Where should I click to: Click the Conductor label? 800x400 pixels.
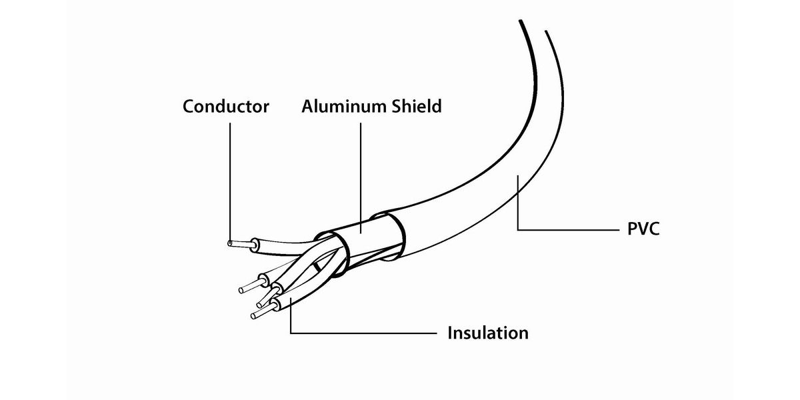(226, 106)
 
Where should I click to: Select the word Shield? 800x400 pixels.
(416, 106)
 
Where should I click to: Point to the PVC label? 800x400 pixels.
(644, 230)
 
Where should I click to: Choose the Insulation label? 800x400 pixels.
(488, 332)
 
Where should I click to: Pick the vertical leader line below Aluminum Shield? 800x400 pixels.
(361, 173)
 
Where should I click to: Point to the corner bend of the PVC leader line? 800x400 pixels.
(518, 230)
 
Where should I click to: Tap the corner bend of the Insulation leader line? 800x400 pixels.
(291, 332)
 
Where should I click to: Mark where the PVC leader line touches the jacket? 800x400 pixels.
(518, 176)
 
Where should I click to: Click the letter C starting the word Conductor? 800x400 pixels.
(189, 106)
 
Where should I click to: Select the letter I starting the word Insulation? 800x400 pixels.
(451, 332)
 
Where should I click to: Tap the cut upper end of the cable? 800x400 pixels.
(533, 27)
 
